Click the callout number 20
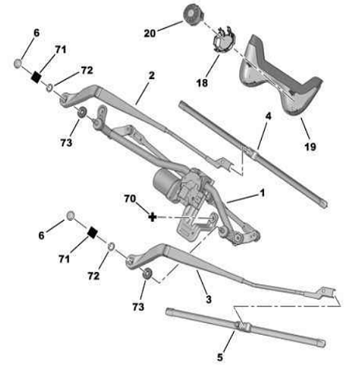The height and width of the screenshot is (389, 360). [x=149, y=33]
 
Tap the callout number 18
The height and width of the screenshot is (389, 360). [x=202, y=83]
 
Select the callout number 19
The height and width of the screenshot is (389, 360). [x=310, y=146]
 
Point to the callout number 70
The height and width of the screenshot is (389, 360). [x=130, y=198]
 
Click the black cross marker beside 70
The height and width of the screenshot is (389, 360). [x=153, y=217]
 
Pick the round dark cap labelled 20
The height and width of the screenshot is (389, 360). [x=194, y=15]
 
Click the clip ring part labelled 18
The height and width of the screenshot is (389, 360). [x=223, y=40]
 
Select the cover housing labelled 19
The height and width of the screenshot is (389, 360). [x=280, y=75]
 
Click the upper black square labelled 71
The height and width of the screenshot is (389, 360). [x=36, y=77]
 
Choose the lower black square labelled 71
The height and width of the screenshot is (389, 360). [x=92, y=232]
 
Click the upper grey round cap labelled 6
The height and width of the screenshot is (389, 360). [x=18, y=64]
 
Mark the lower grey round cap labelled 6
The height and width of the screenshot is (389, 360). [x=70, y=215]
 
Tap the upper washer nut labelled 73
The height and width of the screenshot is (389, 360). [x=82, y=112]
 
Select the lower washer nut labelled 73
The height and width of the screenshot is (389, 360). [x=147, y=274]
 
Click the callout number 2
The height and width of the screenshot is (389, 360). [x=152, y=75]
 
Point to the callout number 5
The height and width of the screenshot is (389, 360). [x=220, y=357]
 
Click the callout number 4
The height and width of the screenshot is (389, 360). [x=269, y=116]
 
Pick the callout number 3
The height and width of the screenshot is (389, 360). [x=208, y=299]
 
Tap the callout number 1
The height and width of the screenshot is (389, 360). [x=262, y=193]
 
